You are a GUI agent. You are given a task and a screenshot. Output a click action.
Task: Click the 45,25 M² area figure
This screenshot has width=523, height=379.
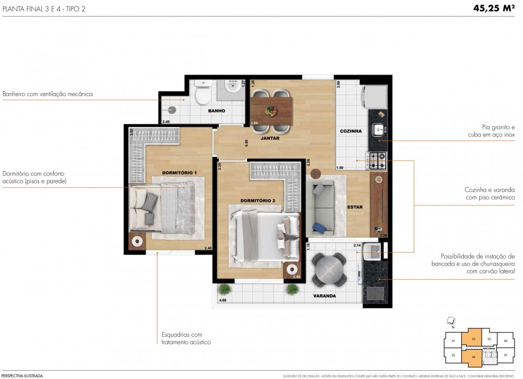pyautogui.click(x=495, y=8)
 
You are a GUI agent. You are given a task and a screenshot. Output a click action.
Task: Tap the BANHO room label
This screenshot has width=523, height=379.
pyautogui.click(x=217, y=111)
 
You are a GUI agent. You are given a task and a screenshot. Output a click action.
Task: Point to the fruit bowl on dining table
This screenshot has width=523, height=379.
pyautogui.click(x=271, y=111)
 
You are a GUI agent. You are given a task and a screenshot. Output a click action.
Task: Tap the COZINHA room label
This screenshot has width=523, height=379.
pyautogui.click(x=351, y=131)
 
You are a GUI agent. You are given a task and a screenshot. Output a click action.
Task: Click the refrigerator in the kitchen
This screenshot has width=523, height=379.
pyautogui.click(x=376, y=97)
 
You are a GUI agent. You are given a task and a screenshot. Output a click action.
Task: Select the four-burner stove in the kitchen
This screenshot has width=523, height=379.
pyautogui.click(x=377, y=160)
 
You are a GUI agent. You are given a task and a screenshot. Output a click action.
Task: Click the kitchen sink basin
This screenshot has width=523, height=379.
pyautogui.click(x=378, y=129)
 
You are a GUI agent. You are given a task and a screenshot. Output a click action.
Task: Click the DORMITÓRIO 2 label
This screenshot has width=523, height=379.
pyautogui.click(x=258, y=201)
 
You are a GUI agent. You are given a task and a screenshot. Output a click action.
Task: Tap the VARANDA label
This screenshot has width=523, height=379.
pyautogui.click(x=324, y=296)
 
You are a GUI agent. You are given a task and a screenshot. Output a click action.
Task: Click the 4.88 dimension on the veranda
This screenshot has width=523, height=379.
pyautogui.click(x=223, y=301)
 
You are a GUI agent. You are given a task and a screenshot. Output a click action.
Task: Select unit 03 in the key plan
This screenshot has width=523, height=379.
pyautogui.click(x=473, y=339)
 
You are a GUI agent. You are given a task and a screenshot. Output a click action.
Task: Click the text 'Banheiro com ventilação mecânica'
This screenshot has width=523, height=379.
pyautogui.click(x=48, y=94)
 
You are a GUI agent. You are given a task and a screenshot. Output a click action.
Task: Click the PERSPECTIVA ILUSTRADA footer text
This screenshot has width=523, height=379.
pyautogui.click(x=22, y=375)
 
